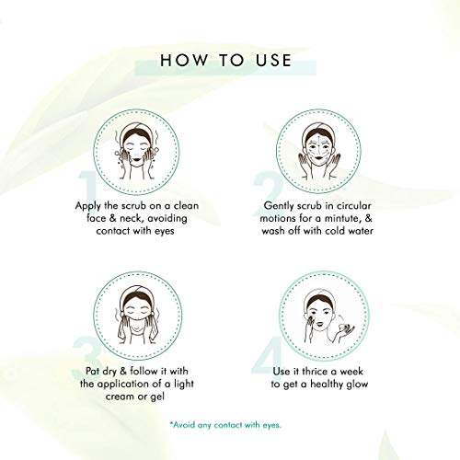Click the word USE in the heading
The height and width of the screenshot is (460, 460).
[273, 60]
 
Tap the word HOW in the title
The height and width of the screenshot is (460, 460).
[184, 60]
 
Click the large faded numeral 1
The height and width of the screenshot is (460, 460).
[88, 187]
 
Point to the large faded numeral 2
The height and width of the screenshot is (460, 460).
[268, 193]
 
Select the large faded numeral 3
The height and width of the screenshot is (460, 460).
[87, 357]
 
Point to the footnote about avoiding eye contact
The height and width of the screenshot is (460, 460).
[225, 425]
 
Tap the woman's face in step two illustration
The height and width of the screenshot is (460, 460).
[318, 147]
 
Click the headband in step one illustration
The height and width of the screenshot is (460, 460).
[136, 131]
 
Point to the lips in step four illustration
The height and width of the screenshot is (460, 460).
[319, 324]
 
